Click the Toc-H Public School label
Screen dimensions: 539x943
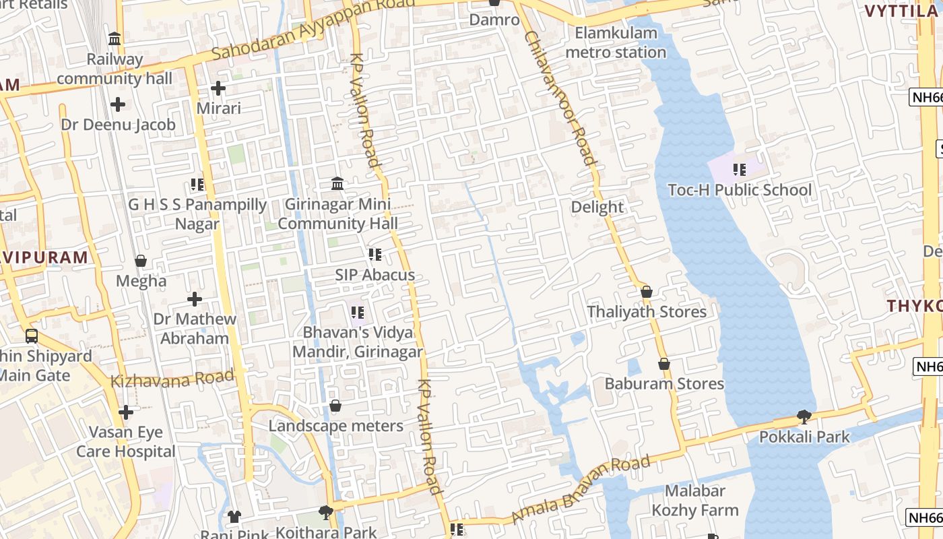tap(740, 190)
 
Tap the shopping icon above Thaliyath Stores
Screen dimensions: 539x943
tap(647, 292)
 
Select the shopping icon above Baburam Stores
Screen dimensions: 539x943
tap(664, 364)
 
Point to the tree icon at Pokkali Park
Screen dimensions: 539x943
tap(804, 417)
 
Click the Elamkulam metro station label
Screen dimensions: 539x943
tap(616, 42)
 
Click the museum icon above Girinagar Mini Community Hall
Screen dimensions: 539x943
tap(337, 183)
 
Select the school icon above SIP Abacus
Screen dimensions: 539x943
tap(375, 255)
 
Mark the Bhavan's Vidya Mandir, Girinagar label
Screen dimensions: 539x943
tap(357, 342)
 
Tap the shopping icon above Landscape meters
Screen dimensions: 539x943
tap(335, 406)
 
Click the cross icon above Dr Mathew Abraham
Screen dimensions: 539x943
tap(195, 298)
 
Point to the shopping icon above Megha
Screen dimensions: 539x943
tap(141, 261)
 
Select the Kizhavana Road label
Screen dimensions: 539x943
tap(172, 379)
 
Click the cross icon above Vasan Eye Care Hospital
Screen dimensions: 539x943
tap(125, 412)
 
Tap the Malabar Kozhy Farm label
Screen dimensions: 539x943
tap(694, 501)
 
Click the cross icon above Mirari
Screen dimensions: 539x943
tap(218, 88)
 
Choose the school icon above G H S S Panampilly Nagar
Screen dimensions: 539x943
tap(197, 184)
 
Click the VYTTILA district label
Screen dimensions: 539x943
tap(901, 11)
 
